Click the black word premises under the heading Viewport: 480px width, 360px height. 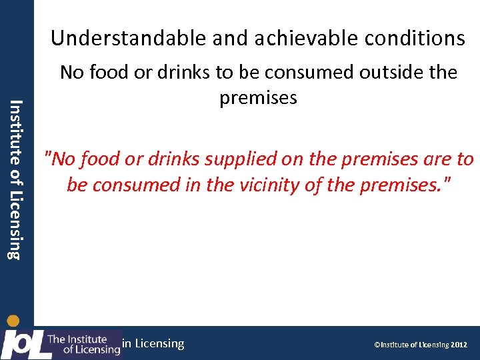pyautogui.click(x=258, y=98)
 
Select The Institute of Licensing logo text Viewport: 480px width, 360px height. pyautogui.click(x=84, y=344)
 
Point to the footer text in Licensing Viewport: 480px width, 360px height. pyautogui.click(x=153, y=343)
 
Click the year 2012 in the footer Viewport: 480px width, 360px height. pyautogui.click(x=459, y=345)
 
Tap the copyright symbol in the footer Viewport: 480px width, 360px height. pyautogui.click(x=377, y=345)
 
